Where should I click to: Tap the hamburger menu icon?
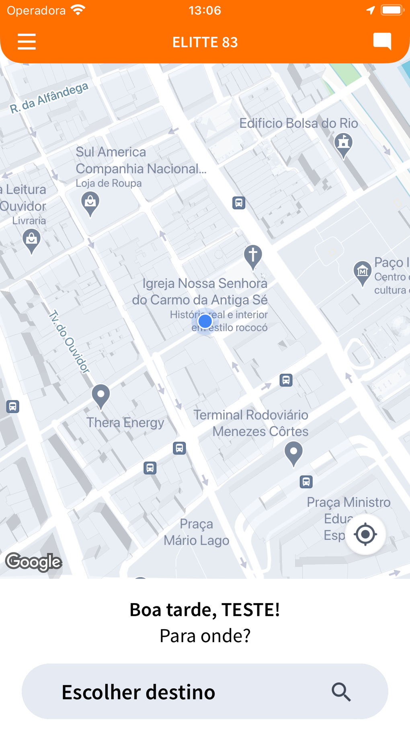[x=27, y=42]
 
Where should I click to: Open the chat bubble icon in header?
[x=382, y=41]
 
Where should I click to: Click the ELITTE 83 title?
[x=205, y=42]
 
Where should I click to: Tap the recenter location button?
[x=365, y=534]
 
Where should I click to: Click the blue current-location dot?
[x=205, y=321]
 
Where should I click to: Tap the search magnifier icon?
[x=341, y=692]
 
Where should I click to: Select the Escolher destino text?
[x=138, y=692]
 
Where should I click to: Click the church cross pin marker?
[x=253, y=256]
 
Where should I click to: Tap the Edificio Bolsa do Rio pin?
[x=343, y=144]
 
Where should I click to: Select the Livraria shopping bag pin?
[x=31, y=240]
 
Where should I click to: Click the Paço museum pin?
[x=362, y=272]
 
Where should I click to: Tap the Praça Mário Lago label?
[x=196, y=532]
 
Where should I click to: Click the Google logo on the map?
[x=34, y=561]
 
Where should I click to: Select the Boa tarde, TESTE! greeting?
[x=205, y=610]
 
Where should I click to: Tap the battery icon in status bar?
[x=392, y=10]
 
